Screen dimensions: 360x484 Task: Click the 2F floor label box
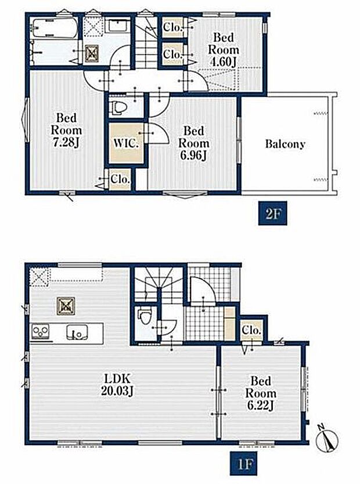click(x=273, y=214)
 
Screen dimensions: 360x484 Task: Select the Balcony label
click(x=285, y=144)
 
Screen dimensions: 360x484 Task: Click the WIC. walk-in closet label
click(x=125, y=143)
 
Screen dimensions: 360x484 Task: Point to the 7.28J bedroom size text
click(x=67, y=143)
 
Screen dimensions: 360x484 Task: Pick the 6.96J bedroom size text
click(x=193, y=156)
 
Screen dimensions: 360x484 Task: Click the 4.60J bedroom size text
click(x=223, y=62)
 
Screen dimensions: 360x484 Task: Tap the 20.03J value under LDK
click(x=117, y=391)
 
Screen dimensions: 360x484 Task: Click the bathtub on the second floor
click(x=55, y=28)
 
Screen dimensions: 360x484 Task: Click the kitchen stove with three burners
click(x=41, y=333)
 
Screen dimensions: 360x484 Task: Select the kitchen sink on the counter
click(x=77, y=332)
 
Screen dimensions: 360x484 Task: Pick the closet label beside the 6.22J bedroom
click(x=251, y=330)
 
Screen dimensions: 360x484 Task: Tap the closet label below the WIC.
click(x=120, y=179)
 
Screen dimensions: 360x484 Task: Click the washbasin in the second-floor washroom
click(x=120, y=26)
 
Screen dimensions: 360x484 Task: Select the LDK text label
click(x=117, y=378)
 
